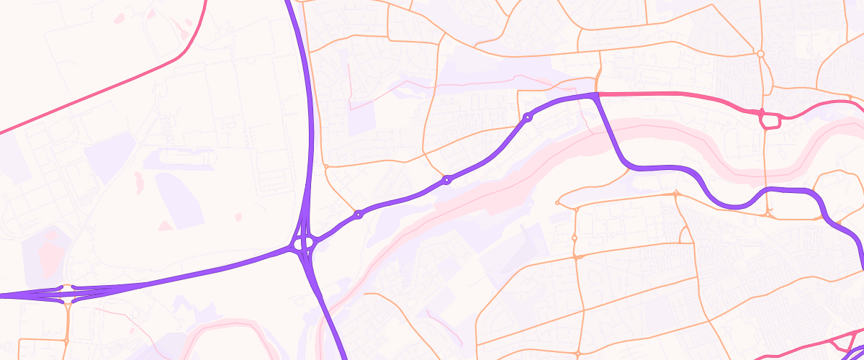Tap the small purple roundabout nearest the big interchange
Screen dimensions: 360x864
pos(358,215)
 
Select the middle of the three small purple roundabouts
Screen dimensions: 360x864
pos(447,179)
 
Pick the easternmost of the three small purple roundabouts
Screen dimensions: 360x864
pos(528,117)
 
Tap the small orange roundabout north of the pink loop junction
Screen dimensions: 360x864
pos(760,53)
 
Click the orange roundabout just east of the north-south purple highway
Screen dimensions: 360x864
pos(326,166)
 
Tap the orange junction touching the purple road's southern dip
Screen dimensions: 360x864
pos(769,212)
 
